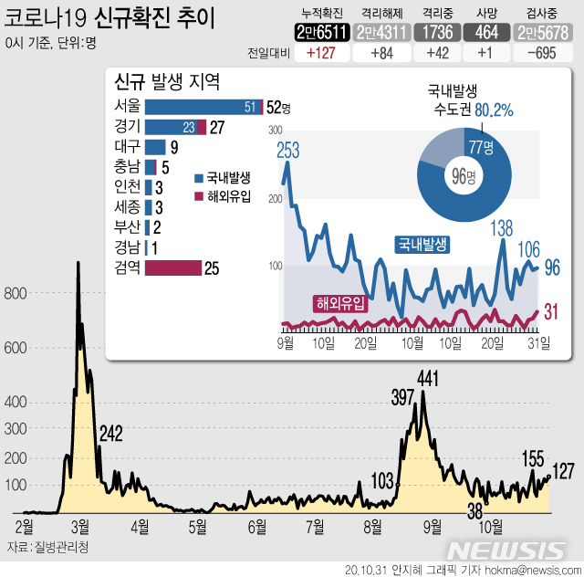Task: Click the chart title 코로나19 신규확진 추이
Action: [109, 18]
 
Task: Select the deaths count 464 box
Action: [482, 32]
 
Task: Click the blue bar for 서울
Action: [202, 107]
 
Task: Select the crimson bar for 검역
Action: [173, 268]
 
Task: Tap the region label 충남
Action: [127, 166]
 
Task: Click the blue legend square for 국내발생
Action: [200, 179]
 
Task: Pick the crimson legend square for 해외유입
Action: [200, 196]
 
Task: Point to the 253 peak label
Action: [288, 151]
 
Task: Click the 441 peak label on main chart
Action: [429, 377]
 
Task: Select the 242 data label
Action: [111, 432]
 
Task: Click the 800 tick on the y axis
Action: [16, 293]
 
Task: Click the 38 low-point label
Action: [475, 509]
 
